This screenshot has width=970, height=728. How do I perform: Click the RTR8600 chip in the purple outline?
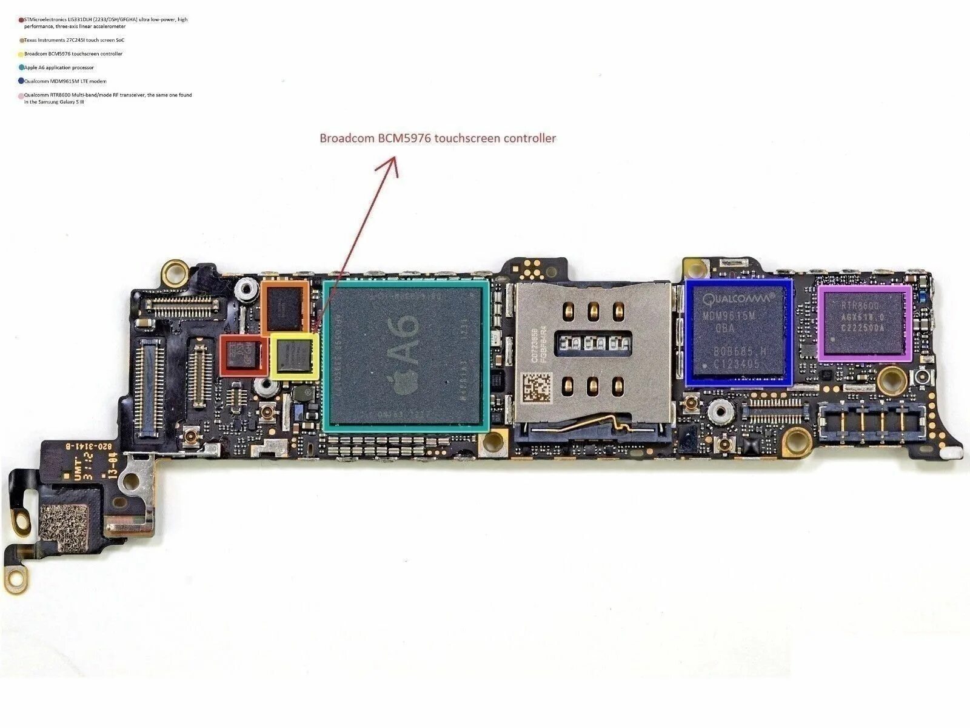click(x=864, y=324)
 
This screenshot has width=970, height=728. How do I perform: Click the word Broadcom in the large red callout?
click(x=347, y=138)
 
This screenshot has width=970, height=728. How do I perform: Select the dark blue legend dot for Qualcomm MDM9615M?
click(x=22, y=81)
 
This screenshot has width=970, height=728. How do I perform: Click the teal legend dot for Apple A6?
click(x=22, y=67)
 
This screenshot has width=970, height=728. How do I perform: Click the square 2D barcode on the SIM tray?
click(x=537, y=388)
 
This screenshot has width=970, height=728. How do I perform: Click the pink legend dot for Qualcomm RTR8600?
click(x=22, y=96)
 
